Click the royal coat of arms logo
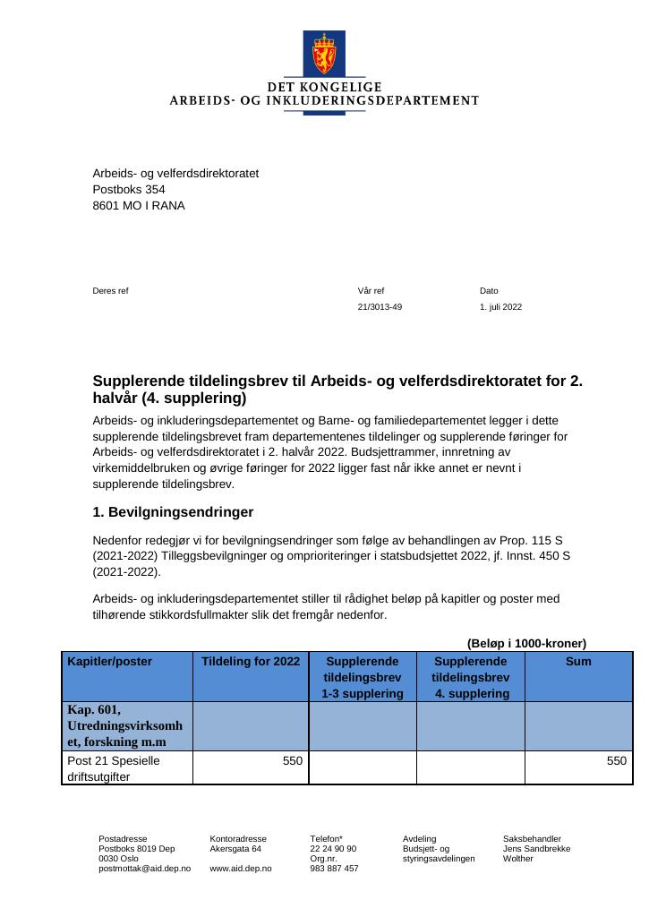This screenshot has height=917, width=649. tap(323, 54)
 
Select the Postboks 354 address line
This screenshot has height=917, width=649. tap(129, 190)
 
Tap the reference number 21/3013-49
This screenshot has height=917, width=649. tap(380, 307)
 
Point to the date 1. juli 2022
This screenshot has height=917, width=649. tap(500, 307)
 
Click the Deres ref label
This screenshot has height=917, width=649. tap(110, 291)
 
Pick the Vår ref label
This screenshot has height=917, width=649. tap(371, 291)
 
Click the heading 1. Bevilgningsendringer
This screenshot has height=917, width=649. tap(173, 512)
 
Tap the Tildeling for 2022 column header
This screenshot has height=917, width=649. tap(251, 662)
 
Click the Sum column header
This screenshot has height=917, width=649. tap(579, 662)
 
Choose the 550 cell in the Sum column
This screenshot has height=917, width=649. tap(616, 760)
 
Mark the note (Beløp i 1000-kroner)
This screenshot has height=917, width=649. tap(526, 643)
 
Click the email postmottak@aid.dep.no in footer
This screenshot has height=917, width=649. tap(144, 869)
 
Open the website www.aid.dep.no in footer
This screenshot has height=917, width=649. tap(240, 869)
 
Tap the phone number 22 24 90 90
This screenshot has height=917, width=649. tap(333, 848)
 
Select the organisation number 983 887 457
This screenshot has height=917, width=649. tap(334, 869)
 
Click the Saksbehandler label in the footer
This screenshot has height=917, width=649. tap(532, 838)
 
